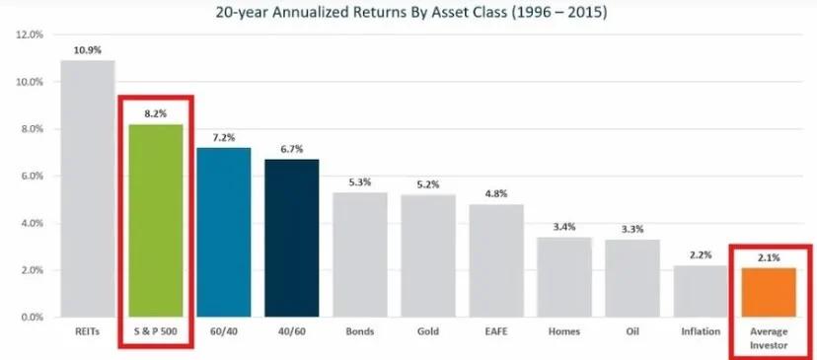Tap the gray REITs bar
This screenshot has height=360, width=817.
click(88, 188)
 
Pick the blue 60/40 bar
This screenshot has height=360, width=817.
click(224, 232)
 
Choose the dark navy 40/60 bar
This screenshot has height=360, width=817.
click(292, 238)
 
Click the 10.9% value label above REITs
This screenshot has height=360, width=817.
click(88, 48)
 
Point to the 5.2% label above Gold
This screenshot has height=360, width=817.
click(428, 183)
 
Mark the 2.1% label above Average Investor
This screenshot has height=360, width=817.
click(770, 256)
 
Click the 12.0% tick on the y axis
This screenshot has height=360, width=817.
click(30, 35)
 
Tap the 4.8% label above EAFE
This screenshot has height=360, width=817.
click(496, 192)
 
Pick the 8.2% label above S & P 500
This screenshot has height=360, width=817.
click(156, 112)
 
